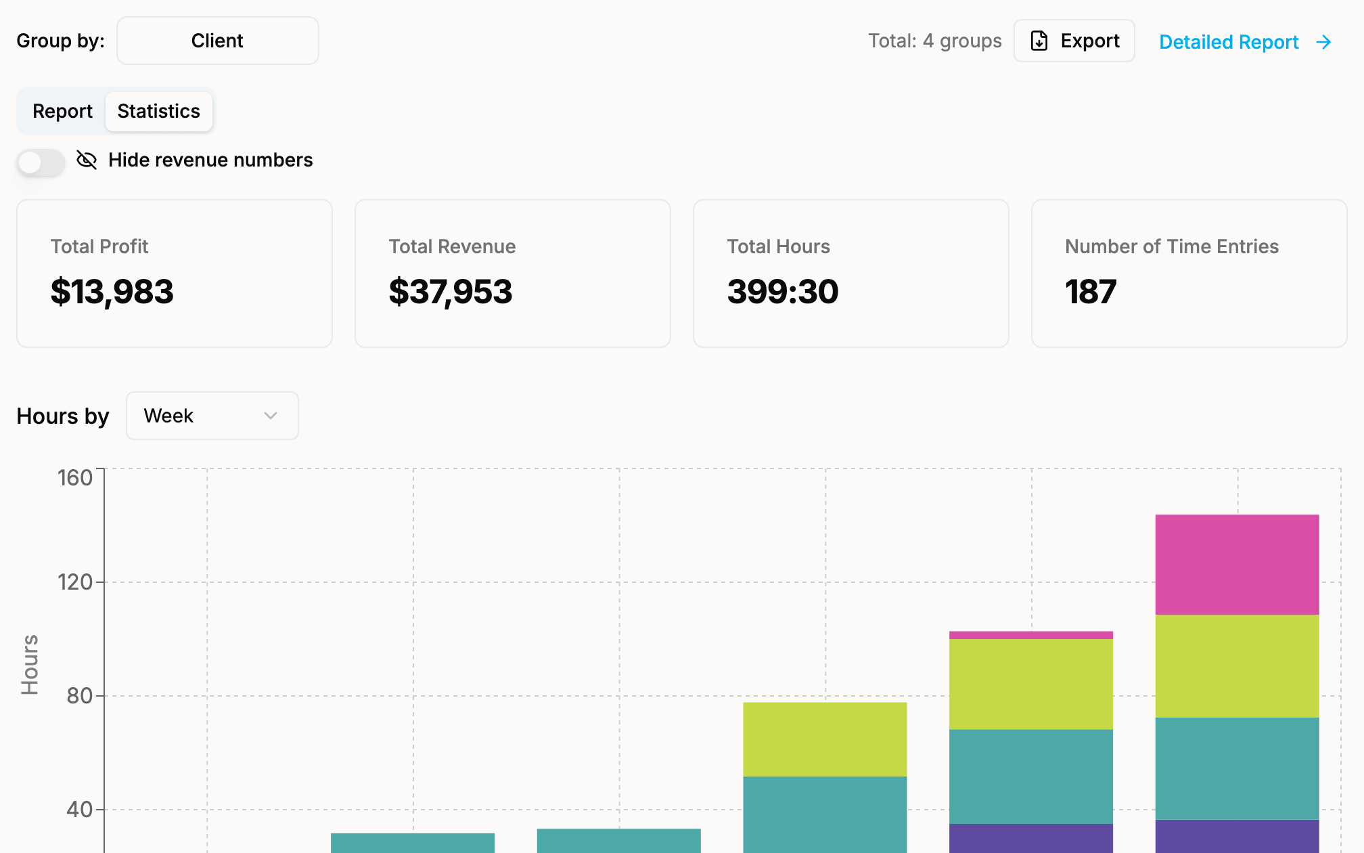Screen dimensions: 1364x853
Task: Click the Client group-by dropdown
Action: click(217, 41)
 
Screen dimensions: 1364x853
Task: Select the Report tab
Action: click(62, 111)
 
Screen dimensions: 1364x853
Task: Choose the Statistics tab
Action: click(159, 111)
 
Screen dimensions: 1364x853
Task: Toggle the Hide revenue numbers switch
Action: click(41, 162)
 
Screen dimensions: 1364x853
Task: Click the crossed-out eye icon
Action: click(87, 160)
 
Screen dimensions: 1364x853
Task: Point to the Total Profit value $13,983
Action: click(112, 292)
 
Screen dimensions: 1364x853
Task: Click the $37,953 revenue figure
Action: click(451, 292)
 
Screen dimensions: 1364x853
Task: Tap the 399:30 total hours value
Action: click(783, 292)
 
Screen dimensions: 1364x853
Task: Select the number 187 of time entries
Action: click(1091, 292)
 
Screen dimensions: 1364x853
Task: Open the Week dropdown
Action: click(212, 416)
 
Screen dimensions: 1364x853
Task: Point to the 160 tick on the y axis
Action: click(75, 478)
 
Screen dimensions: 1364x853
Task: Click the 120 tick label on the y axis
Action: click(75, 582)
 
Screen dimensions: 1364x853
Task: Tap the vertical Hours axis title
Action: click(30, 665)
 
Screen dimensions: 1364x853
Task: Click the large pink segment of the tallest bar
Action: click(1237, 565)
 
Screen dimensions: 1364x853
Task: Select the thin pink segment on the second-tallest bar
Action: click(1031, 635)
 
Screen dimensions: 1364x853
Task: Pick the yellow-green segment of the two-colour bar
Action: click(825, 739)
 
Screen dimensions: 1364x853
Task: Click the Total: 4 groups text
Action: click(935, 41)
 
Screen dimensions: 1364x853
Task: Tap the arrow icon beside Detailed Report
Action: click(1324, 42)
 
